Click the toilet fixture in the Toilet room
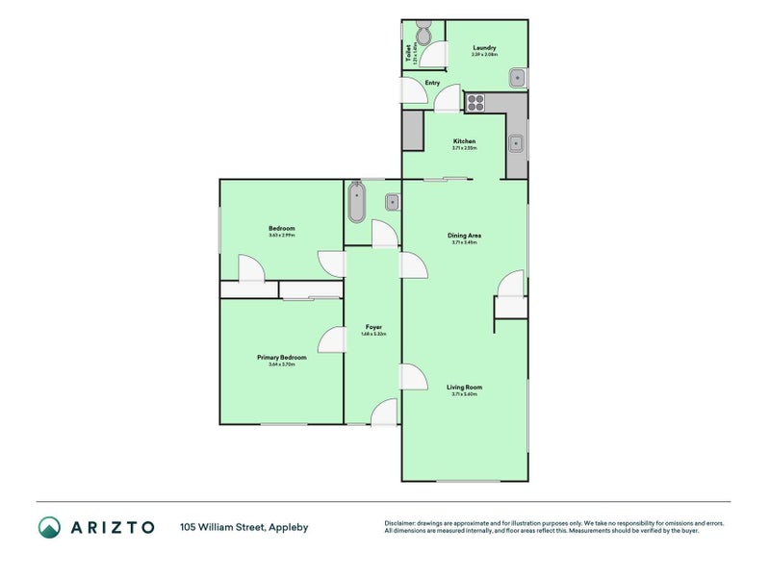pyautogui.click(x=423, y=36)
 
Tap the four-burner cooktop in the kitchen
pyautogui.click(x=476, y=100)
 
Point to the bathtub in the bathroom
pyautogui.click(x=358, y=203)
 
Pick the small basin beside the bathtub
pyautogui.click(x=393, y=202)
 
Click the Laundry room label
pyautogui.click(x=484, y=48)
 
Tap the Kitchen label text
pyautogui.click(x=464, y=141)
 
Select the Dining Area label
pyautogui.click(x=464, y=236)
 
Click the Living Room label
pyautogui.click(x=464, y=388)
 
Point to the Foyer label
pyautogui.click(x=373, y=327)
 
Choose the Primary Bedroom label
pyautogui.click(x=281, y=357)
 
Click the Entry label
pyautogui.click(x=432, y=83)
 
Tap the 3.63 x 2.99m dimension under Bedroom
pyautogui.click(x=281, y=235)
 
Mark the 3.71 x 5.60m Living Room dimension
pyautogui.click(x=464, y=394)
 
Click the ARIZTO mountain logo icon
pyautogui.click(x=49, y=526)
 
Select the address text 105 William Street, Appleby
pyautogui.click(x=244, y=527)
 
